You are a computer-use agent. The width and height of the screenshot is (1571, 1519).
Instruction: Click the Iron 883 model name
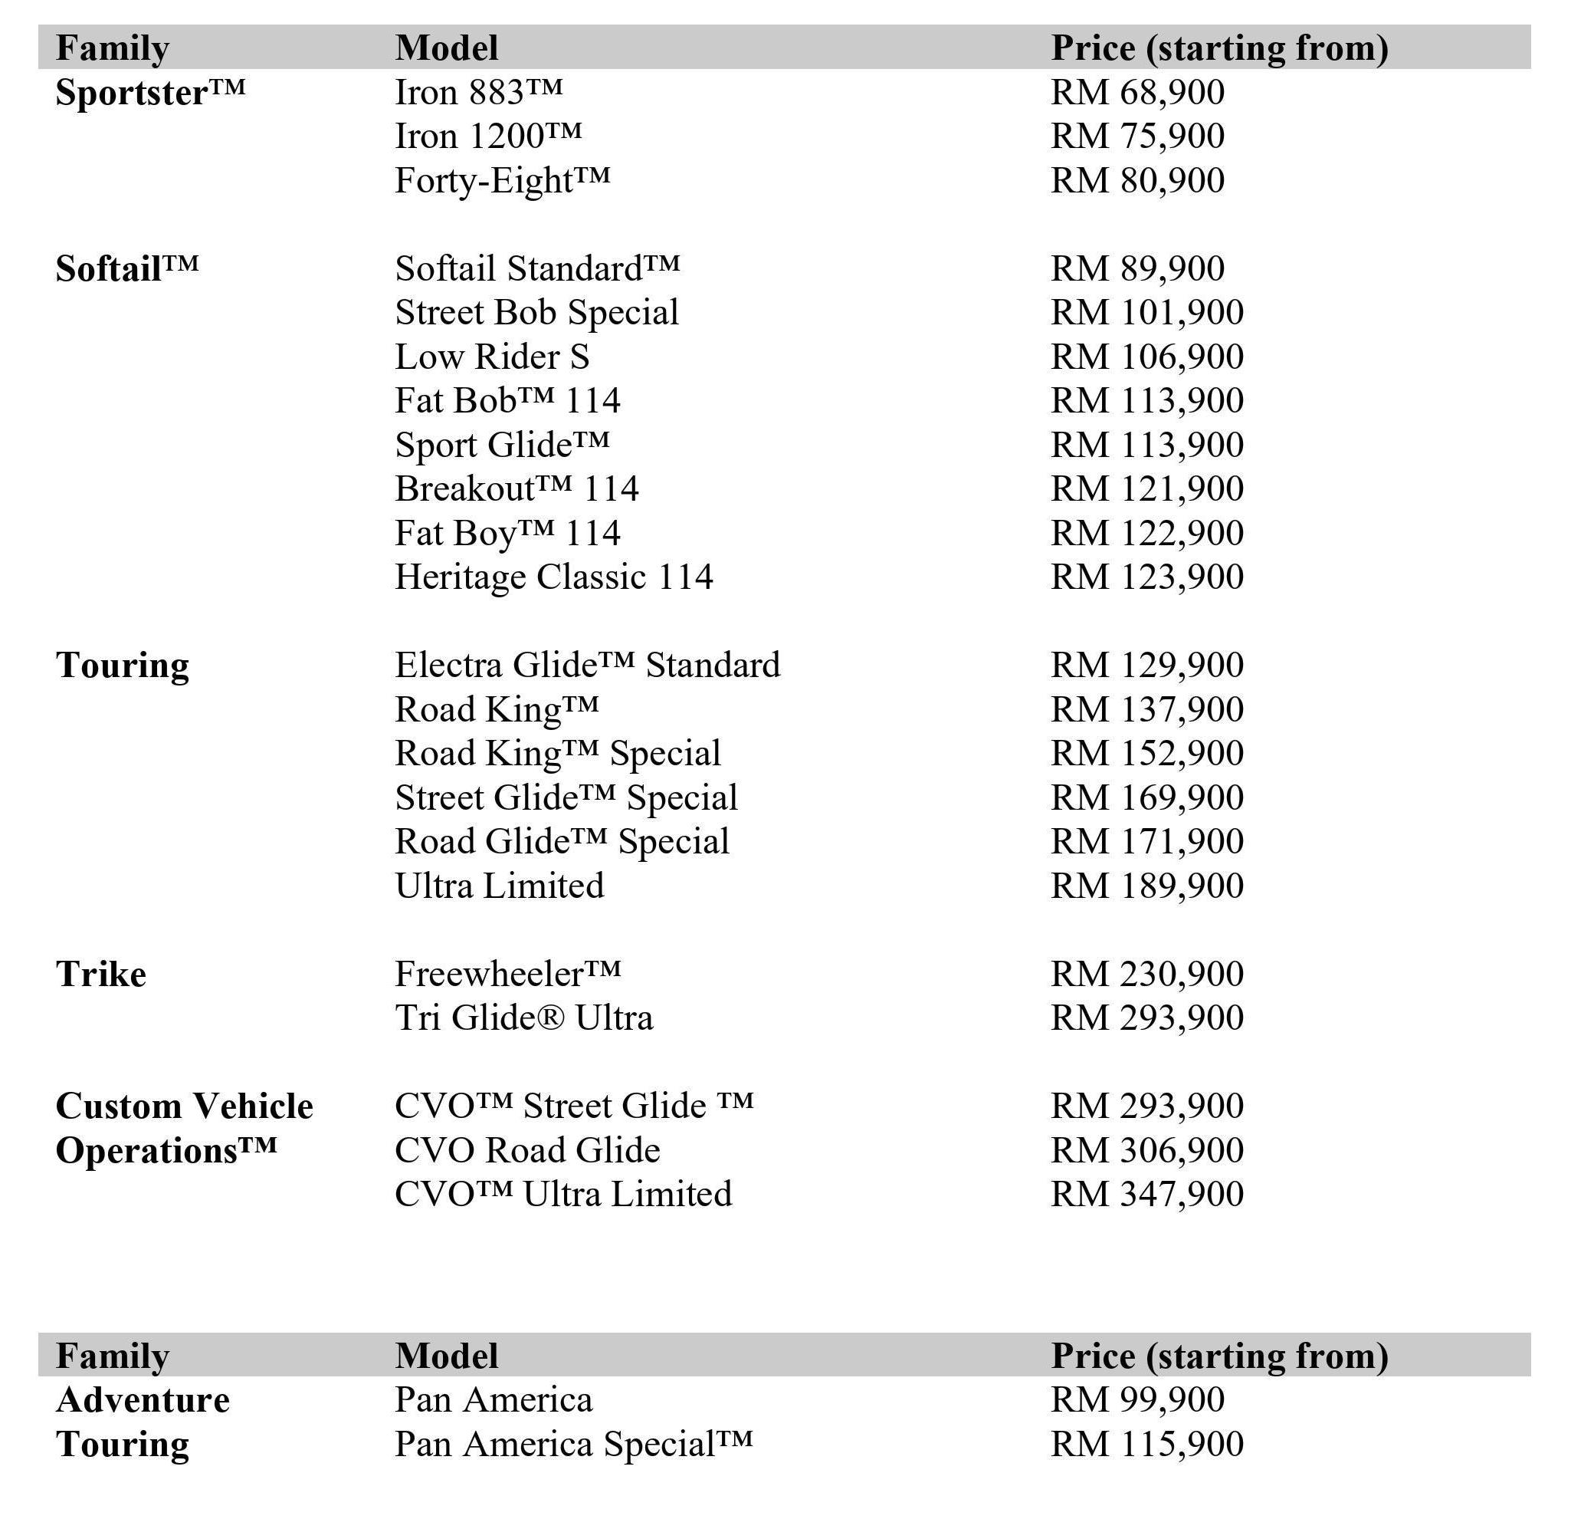coord(478,92)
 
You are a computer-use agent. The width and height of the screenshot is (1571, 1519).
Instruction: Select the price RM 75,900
coord(1137,136)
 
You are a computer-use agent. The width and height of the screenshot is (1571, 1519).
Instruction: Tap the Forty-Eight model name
coord(502,180)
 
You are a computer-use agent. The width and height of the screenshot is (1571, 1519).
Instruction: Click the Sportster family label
coord(150,93)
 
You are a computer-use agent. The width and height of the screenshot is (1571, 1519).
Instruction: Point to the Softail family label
coord(126,268)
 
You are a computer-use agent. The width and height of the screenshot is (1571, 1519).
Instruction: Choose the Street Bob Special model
coord(536,313)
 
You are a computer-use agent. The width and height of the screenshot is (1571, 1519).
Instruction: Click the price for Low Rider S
coord(1147,357)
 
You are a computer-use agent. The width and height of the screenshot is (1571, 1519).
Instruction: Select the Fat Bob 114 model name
coord(507,401)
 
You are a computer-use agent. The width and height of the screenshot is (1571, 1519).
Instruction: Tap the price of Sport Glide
coord(1147,445)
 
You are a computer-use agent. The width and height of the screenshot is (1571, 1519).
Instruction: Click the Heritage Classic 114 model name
coord(553,577)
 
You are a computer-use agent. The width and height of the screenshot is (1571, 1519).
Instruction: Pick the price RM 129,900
coord(1147,666)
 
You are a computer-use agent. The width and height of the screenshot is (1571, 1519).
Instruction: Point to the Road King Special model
coord(557,754)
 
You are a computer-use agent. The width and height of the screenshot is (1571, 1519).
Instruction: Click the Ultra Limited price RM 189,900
coord(1147,886)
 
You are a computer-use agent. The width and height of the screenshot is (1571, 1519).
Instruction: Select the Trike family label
coord(101,975)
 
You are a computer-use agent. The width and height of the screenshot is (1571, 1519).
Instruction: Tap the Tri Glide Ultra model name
coord(523,1018)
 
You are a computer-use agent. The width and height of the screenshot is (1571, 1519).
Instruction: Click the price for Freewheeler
coord(1147,975)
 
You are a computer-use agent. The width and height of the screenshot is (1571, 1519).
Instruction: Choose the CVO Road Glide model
coord(526,1151)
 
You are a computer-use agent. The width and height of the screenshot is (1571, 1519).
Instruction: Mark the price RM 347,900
coord(1147,1195)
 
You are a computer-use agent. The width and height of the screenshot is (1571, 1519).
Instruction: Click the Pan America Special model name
coord(573,1445)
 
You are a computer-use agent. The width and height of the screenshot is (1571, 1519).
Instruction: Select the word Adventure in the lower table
coord(143,1401)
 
